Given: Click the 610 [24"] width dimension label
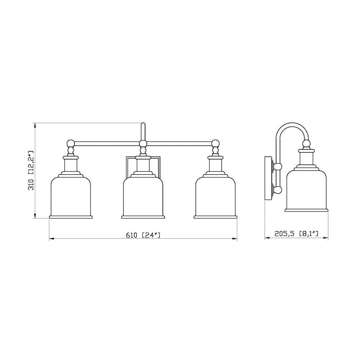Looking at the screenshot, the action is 143,235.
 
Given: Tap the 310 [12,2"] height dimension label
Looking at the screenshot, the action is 31,170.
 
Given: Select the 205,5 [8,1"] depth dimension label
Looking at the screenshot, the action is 296,234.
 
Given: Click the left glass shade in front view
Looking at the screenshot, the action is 71,197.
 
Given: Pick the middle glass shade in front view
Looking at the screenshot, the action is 143,197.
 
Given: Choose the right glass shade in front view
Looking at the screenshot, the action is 215,197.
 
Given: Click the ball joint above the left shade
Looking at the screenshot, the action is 71,144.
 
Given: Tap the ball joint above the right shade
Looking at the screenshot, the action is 215,144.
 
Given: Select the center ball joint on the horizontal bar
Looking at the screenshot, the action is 143,144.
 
